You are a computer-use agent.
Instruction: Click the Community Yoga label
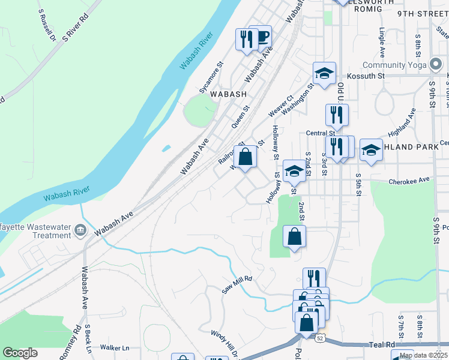394,65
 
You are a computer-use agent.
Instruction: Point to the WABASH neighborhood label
228,94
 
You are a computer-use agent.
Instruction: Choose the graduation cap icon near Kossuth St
324,74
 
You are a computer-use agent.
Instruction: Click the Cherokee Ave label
410,180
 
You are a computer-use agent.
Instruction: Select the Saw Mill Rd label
238,285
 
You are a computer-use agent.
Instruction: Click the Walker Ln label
115,347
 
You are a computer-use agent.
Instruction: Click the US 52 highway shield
321,338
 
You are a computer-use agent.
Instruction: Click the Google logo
20,353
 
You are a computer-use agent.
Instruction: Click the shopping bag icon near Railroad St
245,158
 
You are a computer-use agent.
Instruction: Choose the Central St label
320,133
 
